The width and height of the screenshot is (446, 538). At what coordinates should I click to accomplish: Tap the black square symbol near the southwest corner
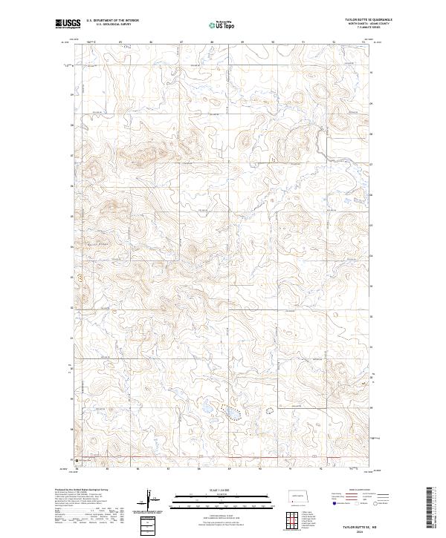[77, 459]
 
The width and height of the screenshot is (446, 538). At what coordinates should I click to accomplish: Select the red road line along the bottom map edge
[186, 458]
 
